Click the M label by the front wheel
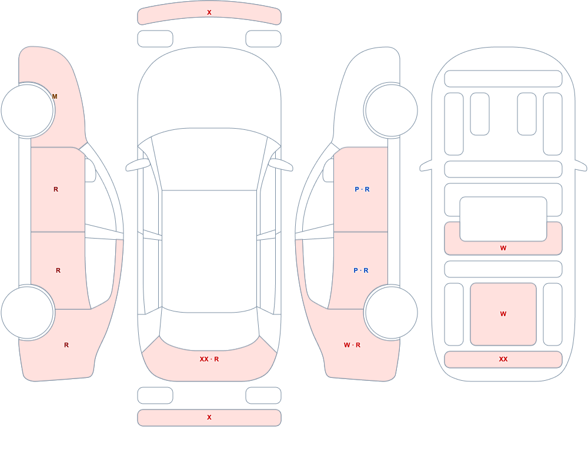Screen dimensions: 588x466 [x=55, y=97]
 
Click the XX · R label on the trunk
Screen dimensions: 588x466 [x=209, y=359]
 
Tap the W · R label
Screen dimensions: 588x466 [x=352, y=345]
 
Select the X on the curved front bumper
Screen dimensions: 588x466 [x=209, y=13]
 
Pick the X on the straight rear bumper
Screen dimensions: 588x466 [x=209, y=417]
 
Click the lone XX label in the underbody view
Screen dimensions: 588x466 [x=503, y=359]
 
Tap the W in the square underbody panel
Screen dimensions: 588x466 [x=503, y=314]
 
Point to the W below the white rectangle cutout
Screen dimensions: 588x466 [x=503, y=248]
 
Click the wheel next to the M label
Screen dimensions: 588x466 [x=28, y=110]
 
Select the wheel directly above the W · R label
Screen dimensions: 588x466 [x=391, y=313]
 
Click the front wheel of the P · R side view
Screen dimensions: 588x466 [x=391, y=110]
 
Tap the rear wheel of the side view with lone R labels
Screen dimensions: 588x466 [x=28, y=313]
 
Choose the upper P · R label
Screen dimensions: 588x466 [x=362, y=189]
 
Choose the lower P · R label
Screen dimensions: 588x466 [x=361, y=270]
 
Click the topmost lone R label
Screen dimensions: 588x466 [x=56, y=189]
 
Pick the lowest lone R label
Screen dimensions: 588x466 [x=66, y=345]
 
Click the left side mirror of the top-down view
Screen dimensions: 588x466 [x=137, y=165]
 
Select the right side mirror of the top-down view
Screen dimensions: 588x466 [x=281, y=165]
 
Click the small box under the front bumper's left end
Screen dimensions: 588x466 [x=155, y=39]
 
